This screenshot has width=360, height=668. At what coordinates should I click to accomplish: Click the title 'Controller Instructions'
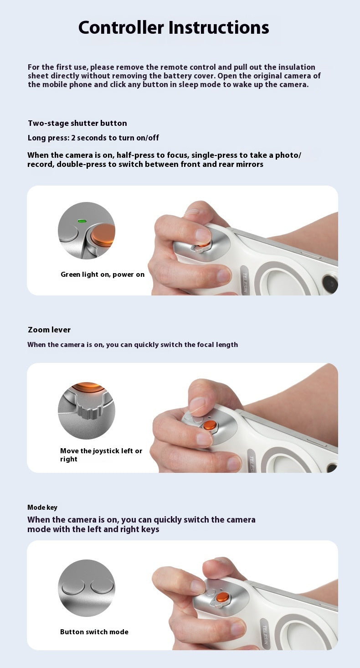(x=174, y=28)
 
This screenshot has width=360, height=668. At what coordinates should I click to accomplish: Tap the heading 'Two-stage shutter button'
(x=77, y=123)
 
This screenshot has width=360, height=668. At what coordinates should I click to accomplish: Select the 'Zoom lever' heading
(x=49, y=330)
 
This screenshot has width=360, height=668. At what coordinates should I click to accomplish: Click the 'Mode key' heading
(x=42, y=507)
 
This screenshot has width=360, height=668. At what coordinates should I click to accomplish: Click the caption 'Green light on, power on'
(x=103, y=274)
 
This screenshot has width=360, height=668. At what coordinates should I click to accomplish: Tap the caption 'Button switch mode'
(x=94, y=632)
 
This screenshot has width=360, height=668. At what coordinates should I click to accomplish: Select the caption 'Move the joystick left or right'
(x=101, y=455)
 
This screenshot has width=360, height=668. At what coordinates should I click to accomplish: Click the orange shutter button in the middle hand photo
(x=210, y=425)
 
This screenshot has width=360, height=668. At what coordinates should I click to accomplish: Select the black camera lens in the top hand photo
(x=330, y=285)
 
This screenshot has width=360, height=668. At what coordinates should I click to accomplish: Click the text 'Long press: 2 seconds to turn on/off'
(x=93, y=138)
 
